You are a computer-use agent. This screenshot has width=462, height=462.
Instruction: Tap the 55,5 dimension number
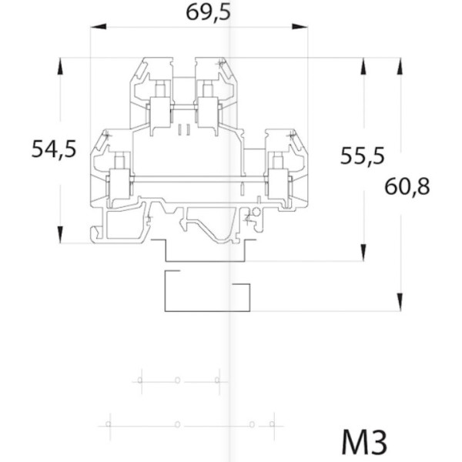pyautogui.click(x=362, y=156)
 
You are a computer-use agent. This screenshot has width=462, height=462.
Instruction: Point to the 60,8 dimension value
pyautogui.click(x=407, y=186)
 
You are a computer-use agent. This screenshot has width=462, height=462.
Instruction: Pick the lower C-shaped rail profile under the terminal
pyautogui.click(x=206, y=292)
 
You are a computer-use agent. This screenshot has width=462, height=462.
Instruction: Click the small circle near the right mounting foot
pyautogui.click(x=253, y=210)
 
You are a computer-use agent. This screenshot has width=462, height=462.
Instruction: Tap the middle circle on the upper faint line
pyautogui.click(x=177, y=380)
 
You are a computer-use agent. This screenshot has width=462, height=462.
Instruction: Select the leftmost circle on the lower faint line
pyautogui.click(x=109, y=424)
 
